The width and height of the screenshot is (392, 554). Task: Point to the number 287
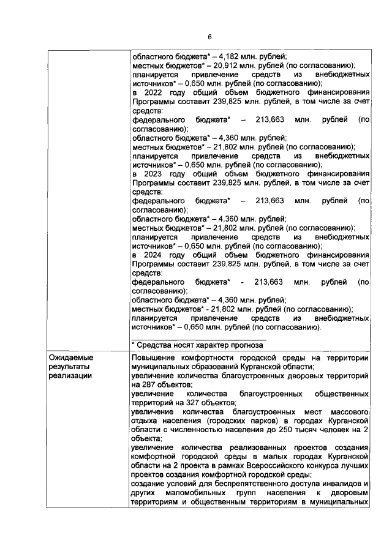click(x=151, y=384)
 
